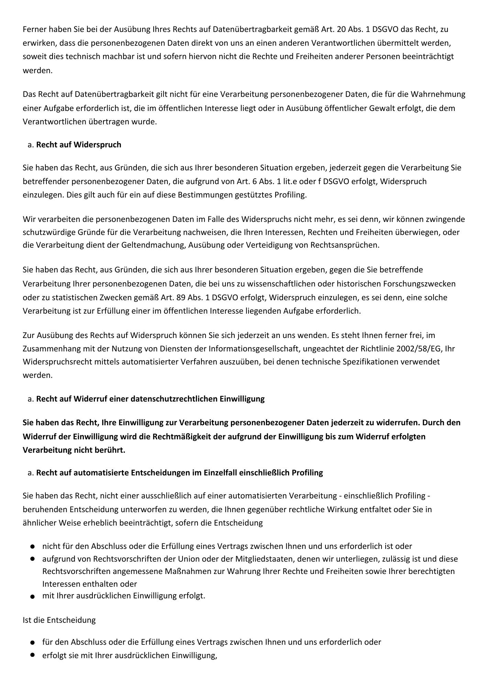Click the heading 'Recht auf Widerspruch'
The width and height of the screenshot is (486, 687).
pos(78,145)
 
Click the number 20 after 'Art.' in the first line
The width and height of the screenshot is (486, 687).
pos(342,29)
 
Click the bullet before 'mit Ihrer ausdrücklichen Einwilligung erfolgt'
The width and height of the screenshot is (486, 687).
pos(32,597)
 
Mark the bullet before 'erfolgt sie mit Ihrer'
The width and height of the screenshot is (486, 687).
pos(32,655)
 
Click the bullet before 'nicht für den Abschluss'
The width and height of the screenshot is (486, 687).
pos(32,546)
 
